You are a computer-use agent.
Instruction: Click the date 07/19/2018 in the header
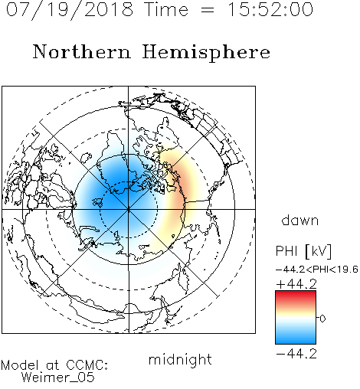click(70, 10)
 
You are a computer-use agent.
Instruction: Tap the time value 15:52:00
click(270, 9)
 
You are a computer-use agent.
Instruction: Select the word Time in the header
click(166, 9)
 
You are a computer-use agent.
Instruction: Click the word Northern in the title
click(82, 51)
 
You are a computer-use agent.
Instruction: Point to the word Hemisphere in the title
click(206, 53)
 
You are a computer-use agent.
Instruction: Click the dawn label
click(300, 221)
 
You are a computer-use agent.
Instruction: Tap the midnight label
click(180, 359)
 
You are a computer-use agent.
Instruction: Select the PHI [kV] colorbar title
click(303, 251)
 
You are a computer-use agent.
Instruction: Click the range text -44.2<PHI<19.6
click(317, 270)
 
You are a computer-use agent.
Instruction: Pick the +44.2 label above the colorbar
click(296, 284)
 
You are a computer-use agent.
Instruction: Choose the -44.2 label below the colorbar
click(296, 354)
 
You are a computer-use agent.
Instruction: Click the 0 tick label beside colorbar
click(322, 319)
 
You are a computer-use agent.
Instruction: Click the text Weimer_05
click(58, 378)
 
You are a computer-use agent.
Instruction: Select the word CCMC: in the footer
click(87, 365)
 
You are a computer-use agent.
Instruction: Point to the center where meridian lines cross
click(129, 210)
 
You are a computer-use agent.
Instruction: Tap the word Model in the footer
click(21, 365)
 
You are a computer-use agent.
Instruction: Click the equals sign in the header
click(208, 10)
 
